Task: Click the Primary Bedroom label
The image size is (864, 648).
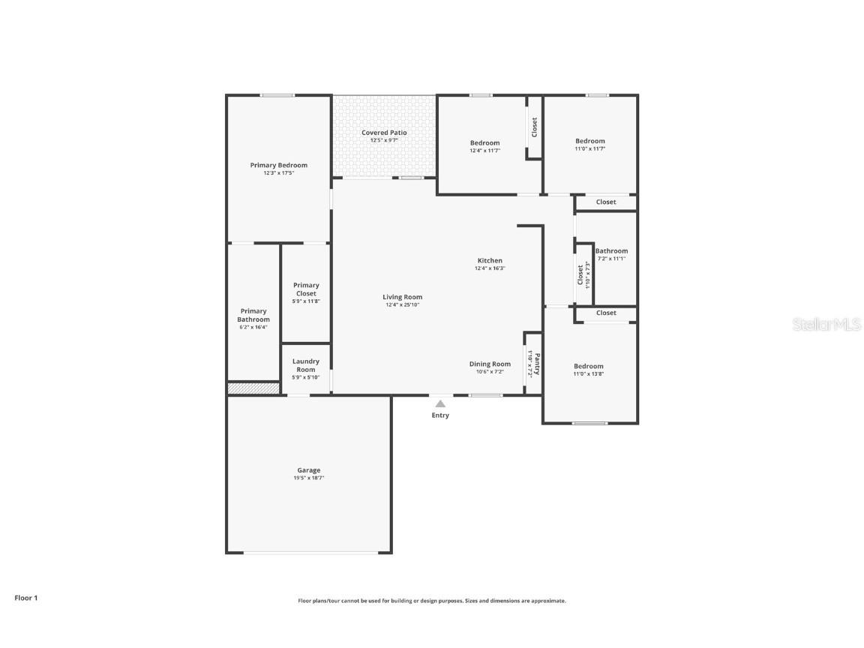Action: (x=278, y=165)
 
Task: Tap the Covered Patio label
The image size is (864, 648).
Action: (x=384, y=133)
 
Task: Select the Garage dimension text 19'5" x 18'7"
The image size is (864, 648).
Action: (x=309, y=478)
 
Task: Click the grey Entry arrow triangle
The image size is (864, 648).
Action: (x=440, y=403)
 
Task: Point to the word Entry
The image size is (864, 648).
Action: (x=440, y=415)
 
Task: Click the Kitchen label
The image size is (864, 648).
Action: (x=490, y=260)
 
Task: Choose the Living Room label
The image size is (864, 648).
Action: (x=403, y=297)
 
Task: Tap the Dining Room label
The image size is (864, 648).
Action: (x=490, y=364)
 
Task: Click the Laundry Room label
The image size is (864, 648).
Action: (x=306, y=365)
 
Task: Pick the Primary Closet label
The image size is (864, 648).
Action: (x=306, y=289)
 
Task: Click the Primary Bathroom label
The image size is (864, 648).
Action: (x=253, y=315)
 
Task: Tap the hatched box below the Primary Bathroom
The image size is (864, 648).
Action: (x=253, y=388)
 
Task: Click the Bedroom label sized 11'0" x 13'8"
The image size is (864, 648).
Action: (x=589, y=366)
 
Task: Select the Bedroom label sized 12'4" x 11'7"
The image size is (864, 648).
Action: (x=484, y=143)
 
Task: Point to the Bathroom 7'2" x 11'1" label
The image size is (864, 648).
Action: (x=611, y=251)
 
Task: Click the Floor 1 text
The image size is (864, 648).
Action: (x=25, y=598)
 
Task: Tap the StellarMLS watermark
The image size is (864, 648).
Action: (x=827, y=324)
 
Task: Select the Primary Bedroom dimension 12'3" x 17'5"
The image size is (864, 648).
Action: (x=278, y=173)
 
